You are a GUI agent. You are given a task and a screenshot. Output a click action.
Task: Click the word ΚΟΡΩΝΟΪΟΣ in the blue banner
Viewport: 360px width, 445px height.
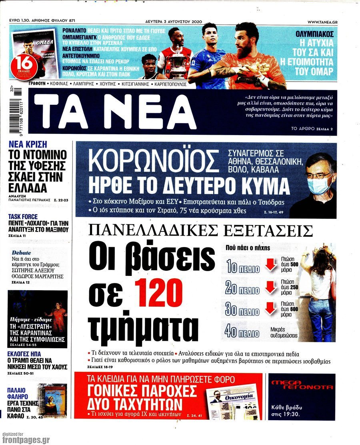pyautogui.click(x=154, y=160)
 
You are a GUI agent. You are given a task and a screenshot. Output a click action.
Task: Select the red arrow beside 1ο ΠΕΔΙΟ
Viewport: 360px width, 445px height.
pyautogui.click(x=271, y=265)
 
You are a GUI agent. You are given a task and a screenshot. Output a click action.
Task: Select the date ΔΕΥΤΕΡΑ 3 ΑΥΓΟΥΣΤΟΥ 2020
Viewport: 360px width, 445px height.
pyautogui.click(x=173, y=21)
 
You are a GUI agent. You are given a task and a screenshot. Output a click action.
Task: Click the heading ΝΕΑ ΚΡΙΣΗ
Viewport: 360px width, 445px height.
pyautogui.click(x=28, y=144)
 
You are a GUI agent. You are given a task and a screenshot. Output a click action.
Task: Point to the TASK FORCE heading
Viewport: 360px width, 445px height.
pyautogui.click(x=23, y=217)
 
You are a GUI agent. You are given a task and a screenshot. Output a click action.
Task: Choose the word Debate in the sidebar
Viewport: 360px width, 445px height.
pyautogui.click(x=21, y=253)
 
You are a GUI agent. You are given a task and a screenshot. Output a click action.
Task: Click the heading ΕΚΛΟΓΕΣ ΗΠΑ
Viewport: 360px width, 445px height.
pyautogui.click(x=24, y=354)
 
